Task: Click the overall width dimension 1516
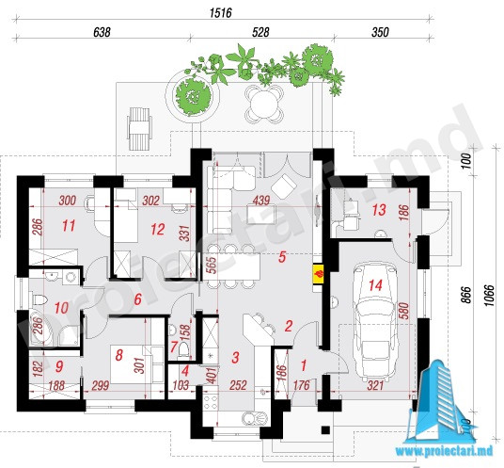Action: pyautogui.click(x=220, y=13)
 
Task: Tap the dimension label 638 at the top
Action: pyautogui.click(x=102, y=32)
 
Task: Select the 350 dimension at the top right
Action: pyautogui.click(x=380, y=32)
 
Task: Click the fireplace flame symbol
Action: pyautogui.click(x=320, y=274)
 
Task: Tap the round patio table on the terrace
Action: pyautogui.click(x=264, y=104)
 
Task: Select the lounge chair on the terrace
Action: pyautogui.click(x=139, y=128)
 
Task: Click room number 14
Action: pyautogui.click(x=375, y=285)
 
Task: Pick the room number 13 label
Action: pyautogui.click(x=379, y=210)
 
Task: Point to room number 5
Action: pyautogui.click(x=282, y=257)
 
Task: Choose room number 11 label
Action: pyautogui.click(x=68, y=226)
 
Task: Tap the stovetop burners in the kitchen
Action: pyautogui.click(x=211, y=402)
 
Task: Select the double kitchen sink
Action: pyautogui.click(x=255, y=418)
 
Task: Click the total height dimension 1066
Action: pyautogui.click(x=488, y=296)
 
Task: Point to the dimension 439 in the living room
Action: pyautogui.click(x=261, y=201)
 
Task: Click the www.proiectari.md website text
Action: pyautogui.click(x=444, y=451)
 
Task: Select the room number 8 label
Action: pyautogui.click(x=118, y=355)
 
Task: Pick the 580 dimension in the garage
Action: pyautogui.click(x=404, y=311)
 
